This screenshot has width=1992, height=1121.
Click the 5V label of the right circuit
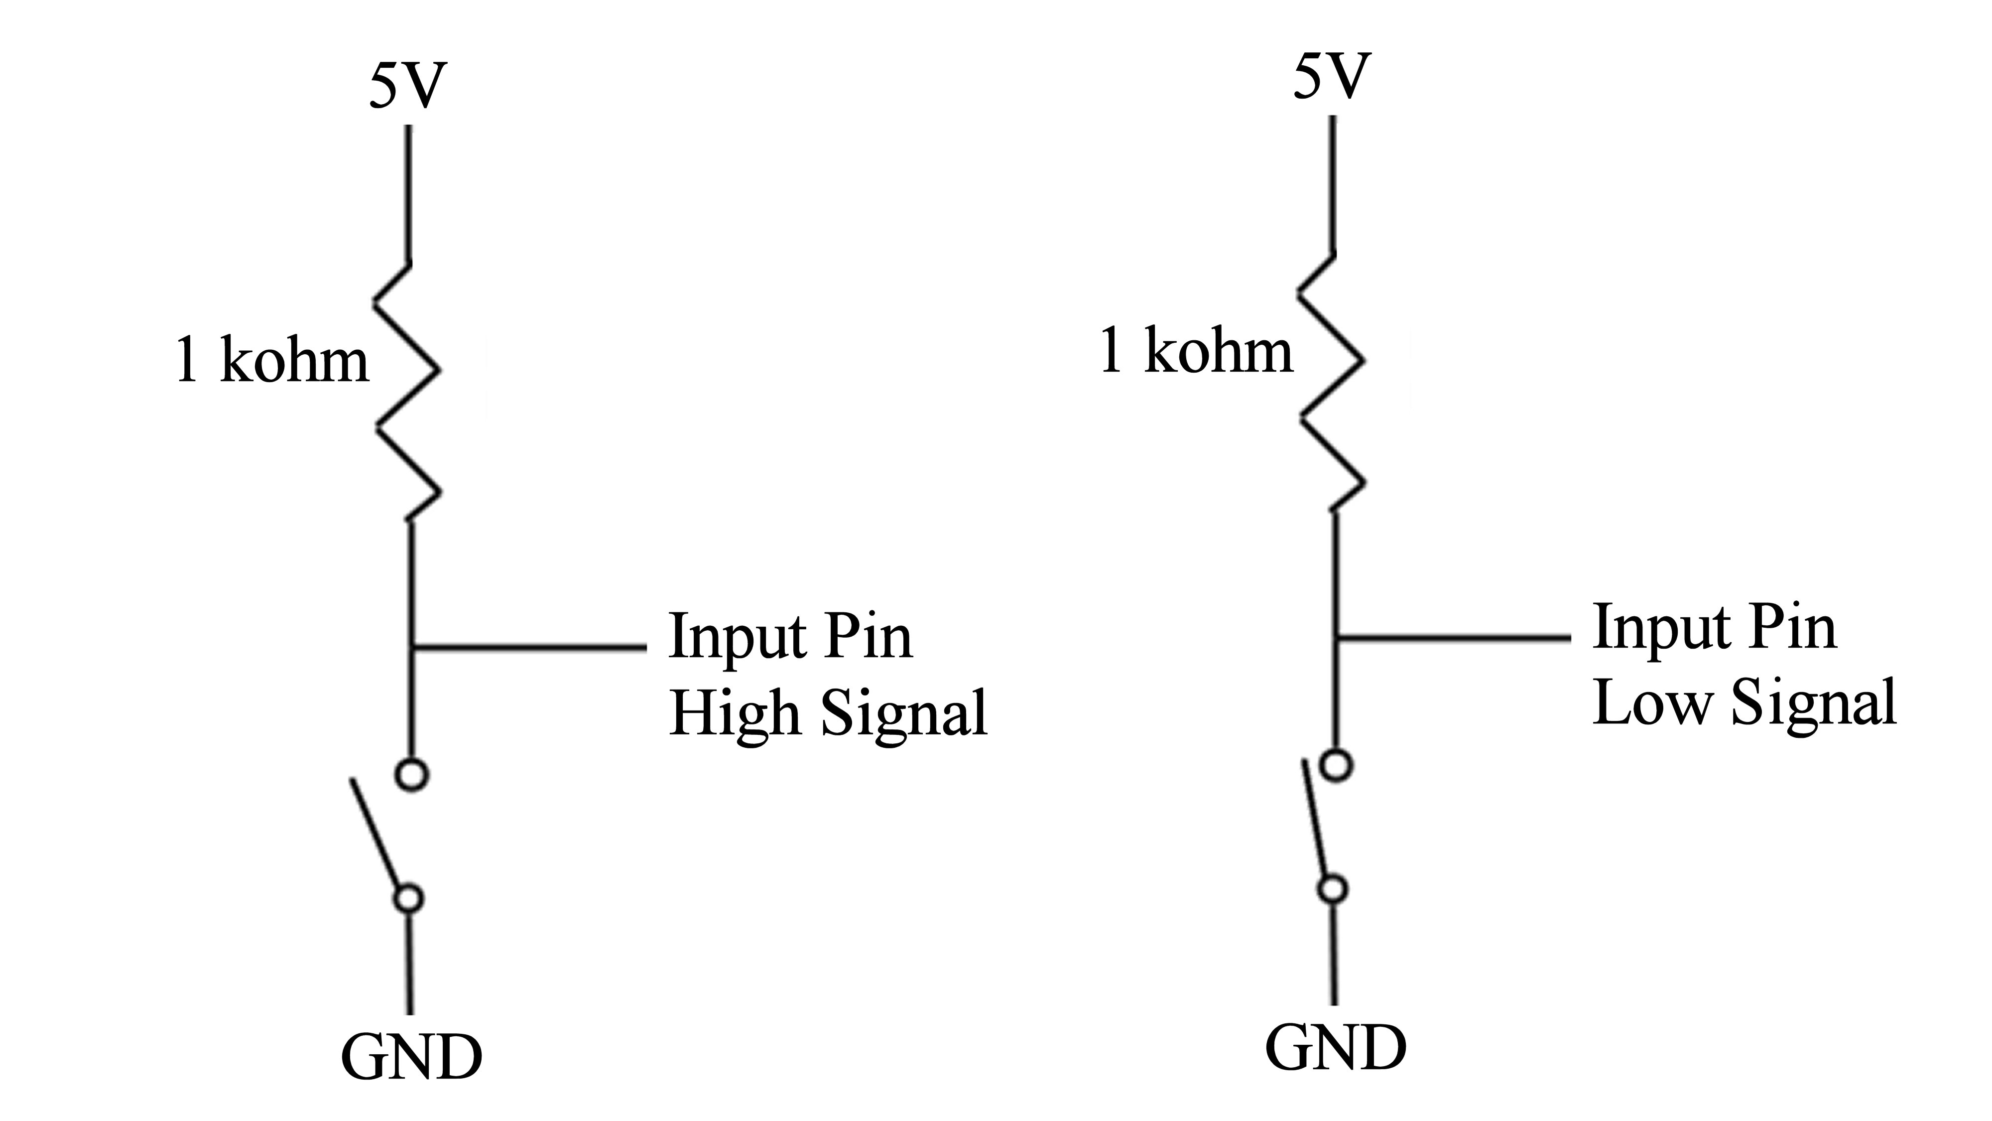[1332, 77]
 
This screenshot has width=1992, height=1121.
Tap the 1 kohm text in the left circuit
[272, 361]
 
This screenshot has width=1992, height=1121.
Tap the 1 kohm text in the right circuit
[1196, 350]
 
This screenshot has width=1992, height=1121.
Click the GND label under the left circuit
[411, 1058]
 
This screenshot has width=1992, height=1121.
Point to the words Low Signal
[1744, 703]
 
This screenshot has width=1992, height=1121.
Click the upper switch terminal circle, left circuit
[411, 774]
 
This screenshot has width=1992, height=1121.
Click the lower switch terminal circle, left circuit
[409, 899]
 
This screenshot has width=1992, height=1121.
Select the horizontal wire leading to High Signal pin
[530, 646]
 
